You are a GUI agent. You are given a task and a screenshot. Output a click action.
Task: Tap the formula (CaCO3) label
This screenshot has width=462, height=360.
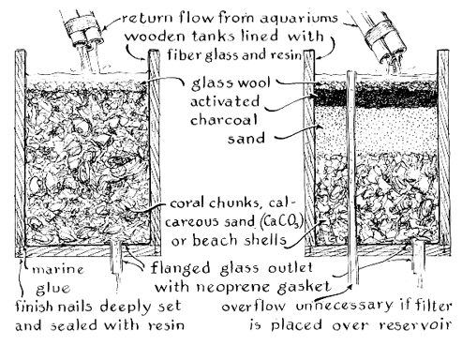coord(281,221)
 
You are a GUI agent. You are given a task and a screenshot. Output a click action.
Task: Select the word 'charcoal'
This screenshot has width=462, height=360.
coord(224,120)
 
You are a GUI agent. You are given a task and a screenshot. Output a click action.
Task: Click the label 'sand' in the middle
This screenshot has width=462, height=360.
coord(246,138)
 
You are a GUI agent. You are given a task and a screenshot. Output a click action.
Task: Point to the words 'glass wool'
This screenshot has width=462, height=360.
coord(231,83)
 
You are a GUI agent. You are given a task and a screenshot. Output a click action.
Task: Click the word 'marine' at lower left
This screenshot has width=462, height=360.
coord(58,269)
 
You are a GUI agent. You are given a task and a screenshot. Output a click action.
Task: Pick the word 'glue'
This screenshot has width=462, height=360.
coord(53,289)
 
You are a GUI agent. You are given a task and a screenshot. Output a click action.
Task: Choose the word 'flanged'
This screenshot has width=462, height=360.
coord(180,268)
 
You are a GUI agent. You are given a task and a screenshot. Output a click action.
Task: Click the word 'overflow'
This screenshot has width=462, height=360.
coord(253,307)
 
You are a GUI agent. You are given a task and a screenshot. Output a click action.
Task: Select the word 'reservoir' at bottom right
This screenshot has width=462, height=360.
coord(416,325)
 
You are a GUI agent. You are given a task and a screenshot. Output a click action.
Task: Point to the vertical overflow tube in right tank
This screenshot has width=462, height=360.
coord(351,177)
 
